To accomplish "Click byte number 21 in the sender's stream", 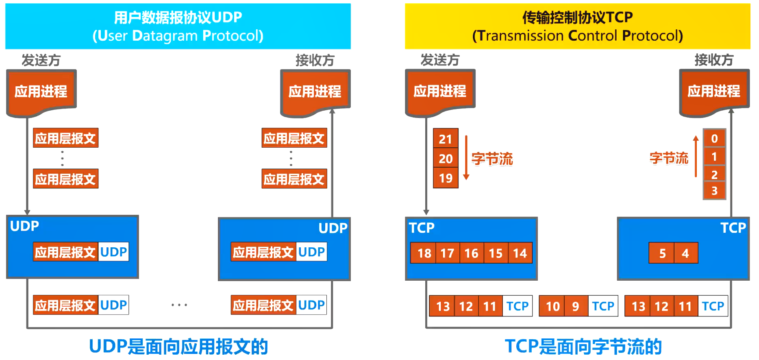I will [x=446, y=139].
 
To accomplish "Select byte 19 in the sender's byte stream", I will [x=446, y=178].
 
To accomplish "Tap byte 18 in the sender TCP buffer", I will [x=424, y=253].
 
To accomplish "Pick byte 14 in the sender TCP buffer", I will [x=520, y=253].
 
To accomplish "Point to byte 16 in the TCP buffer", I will [x=472, y=253].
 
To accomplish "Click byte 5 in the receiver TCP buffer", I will [x=662, y=253].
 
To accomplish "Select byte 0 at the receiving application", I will [x=714, y=139].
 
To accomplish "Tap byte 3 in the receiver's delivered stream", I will [x=714, y=190].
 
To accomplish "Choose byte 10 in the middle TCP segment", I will [x=552, y=306].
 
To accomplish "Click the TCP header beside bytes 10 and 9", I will [x=603, y=306].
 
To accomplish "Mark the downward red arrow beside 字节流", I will [x=466, y=158].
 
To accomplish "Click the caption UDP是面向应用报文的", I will [x=178, y=347].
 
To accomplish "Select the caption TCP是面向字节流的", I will [x=583, y=347].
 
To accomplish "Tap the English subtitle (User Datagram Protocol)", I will [x=178, y=36].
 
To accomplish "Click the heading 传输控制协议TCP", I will [x=577, y=17].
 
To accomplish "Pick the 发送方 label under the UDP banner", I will [x=41, y=61].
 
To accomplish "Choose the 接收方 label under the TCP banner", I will [x=713, y=60].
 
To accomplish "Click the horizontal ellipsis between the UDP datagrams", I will [x=179, y=305].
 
